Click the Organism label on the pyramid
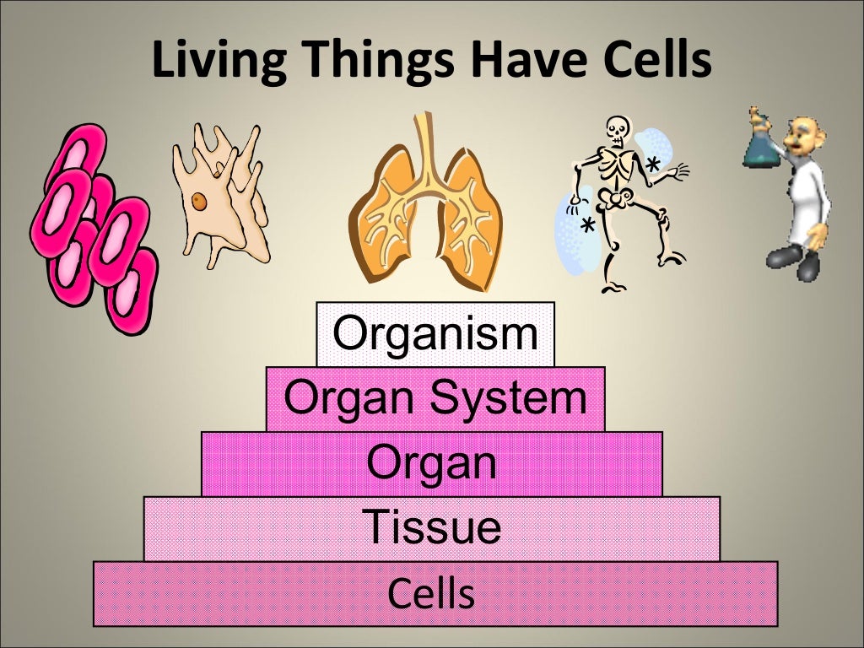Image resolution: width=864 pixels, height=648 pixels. point(435,334)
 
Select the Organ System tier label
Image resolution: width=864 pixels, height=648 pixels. point(435,398)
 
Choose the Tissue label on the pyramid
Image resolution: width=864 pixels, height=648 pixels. point(432,527)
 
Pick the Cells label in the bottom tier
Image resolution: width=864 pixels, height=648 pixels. point(432,593)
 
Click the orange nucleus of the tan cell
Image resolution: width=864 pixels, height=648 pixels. point(197,202)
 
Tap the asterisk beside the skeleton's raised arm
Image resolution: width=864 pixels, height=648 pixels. point(652,165)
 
